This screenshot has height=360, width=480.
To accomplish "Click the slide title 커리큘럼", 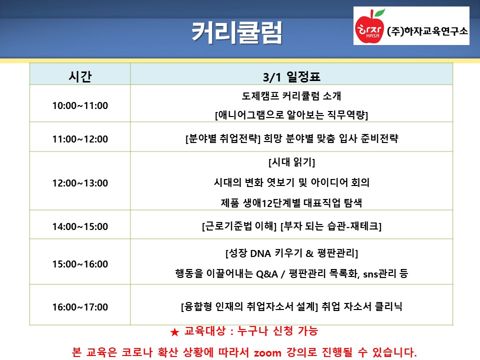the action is click(236, 32).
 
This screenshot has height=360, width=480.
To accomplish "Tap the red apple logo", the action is click(369, 28).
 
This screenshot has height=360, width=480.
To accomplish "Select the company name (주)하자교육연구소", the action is click(427, 31).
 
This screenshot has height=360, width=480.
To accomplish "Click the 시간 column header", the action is click(80, 76).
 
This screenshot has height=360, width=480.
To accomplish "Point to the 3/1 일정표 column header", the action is click(291, 76).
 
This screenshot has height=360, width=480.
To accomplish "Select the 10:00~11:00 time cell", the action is click(80, 105).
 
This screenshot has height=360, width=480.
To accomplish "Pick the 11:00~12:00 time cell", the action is click(80, 139).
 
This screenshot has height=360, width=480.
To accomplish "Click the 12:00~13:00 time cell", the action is click(80, 183).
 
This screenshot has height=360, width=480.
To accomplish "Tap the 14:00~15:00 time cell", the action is click(80, 226).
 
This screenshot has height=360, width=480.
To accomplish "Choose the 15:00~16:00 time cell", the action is click(80, 264).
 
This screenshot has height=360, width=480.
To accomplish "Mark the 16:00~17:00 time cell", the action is click(80, 306).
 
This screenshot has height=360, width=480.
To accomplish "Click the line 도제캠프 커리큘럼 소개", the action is click(291, 96).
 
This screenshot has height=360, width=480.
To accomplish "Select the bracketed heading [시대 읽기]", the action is click(291, 162).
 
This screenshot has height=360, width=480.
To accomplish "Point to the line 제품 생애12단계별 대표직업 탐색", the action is click(291, 203).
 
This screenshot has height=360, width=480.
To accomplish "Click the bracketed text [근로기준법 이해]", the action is click(239, 226).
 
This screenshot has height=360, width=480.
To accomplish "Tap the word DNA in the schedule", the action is click(260, 253).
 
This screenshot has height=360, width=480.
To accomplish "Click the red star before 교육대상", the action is click(175, 332).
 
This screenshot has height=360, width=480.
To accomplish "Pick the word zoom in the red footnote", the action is click(267, 352).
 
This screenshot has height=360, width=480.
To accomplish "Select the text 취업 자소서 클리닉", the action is click(362, 306).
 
